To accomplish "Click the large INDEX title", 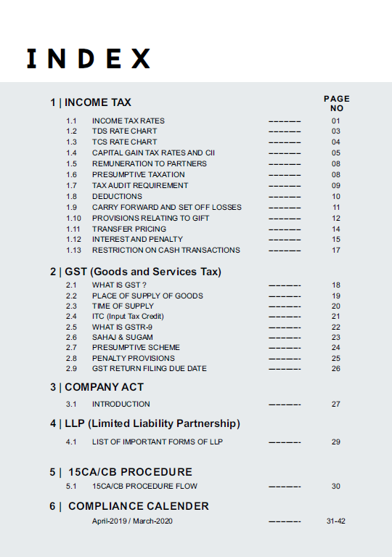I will (x=89, y=59).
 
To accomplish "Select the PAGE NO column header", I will (x=336, y=103).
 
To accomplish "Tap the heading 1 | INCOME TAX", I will (x=91, y=102).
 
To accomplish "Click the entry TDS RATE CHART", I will (x=124, y=131).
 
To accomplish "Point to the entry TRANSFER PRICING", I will (x=128, y=229).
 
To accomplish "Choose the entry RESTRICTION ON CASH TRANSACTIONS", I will (x=166, y=250).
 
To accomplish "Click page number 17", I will (x=336, y=250).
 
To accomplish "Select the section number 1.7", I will (x=71, y=185).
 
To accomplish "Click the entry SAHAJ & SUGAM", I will (x=122, y=337).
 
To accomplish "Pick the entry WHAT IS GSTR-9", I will (x=123, y=327).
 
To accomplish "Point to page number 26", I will (x=336, y=368).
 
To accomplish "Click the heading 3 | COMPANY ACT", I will (x=97, y=387).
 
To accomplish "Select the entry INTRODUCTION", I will (x=121, y=404).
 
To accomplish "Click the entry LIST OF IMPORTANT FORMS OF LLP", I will (x=157, y=442).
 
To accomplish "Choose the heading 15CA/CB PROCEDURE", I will (x=130, y=472).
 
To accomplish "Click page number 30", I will (x=336, y=487).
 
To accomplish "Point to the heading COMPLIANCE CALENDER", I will (x=138, y=506).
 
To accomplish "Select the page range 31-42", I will (x=336, y=521).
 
